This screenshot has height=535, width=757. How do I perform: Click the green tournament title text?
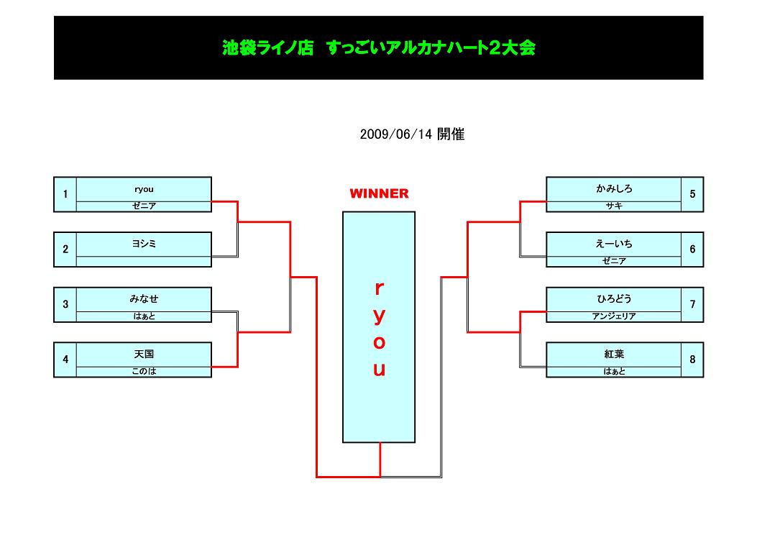click(x=378, y=48)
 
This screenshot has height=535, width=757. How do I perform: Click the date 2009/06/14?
click(x=411, y=134)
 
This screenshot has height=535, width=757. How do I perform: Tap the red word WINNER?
click(x=379, y=193)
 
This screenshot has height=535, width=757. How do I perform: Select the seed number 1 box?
click(x=65, y=194)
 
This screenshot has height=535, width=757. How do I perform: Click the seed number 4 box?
click(x=65, y=360)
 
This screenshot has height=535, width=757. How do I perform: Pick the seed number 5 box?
click(x=692, y=194)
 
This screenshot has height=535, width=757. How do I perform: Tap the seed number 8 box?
click(x=692, y=360)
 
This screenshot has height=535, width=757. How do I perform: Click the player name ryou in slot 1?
click(x=144, y=190)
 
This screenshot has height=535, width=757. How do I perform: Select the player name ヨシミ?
click(x=144, y=244)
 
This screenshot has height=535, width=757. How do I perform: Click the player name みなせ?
click(x=144, y=299)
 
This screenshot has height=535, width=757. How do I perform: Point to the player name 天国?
click(x=144, y=355)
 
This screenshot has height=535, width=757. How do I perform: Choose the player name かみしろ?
click(x=614, y=189)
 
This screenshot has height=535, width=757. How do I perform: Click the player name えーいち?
click(x=614, y=244)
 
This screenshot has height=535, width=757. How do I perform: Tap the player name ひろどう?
click(x=614, y=299)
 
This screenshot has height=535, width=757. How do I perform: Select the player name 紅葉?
click(x=614, y=355)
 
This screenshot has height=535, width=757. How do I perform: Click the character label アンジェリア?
click(x=614, y=316)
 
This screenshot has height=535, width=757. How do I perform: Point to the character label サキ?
click(x=614, y=206)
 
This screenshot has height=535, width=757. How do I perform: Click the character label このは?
click(x=144, y=371)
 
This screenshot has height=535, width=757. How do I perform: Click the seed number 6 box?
click(x=692, y=250)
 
